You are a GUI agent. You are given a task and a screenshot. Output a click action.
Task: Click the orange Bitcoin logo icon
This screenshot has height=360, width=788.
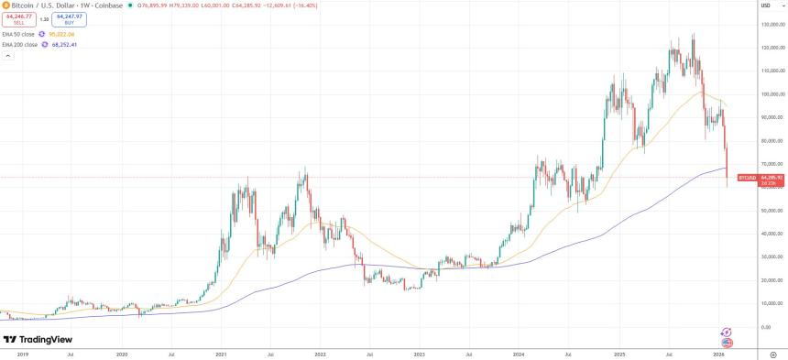pyautogui.click(x=5, y=5)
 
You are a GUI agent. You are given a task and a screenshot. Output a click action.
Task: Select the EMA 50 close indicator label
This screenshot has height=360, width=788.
pyautogui.click(x=19, y=33)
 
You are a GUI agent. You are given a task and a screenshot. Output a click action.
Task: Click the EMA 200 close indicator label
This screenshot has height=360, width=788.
pyautogui.click(x=20, y=43)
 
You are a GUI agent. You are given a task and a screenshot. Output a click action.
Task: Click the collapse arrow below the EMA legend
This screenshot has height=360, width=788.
pyautogui.click(x=6, y=55)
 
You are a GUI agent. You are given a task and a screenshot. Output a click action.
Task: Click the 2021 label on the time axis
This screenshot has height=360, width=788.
pyautogui.click(x=221, y=352)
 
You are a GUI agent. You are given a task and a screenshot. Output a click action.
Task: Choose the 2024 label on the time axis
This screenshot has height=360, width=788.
pyautogui.click(x=519, y=352)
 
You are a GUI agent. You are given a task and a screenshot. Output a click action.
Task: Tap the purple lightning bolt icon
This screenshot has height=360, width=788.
pyautogui.click(x=727, y=332)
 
